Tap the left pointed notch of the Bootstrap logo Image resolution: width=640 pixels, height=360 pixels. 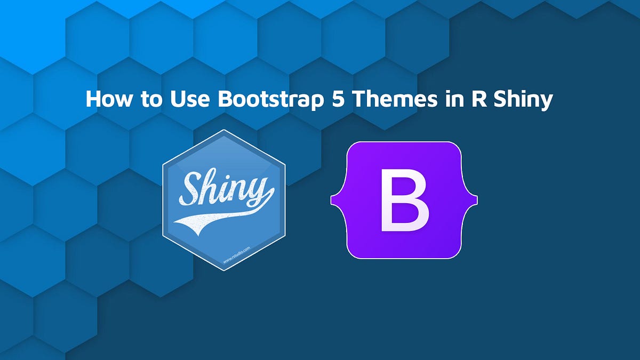tap(333, 200)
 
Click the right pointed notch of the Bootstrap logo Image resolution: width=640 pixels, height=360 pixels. tap(476, 200)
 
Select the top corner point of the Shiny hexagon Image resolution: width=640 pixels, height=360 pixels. tap(224, 130)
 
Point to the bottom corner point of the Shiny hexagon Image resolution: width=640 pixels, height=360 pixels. tap(224, 270)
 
